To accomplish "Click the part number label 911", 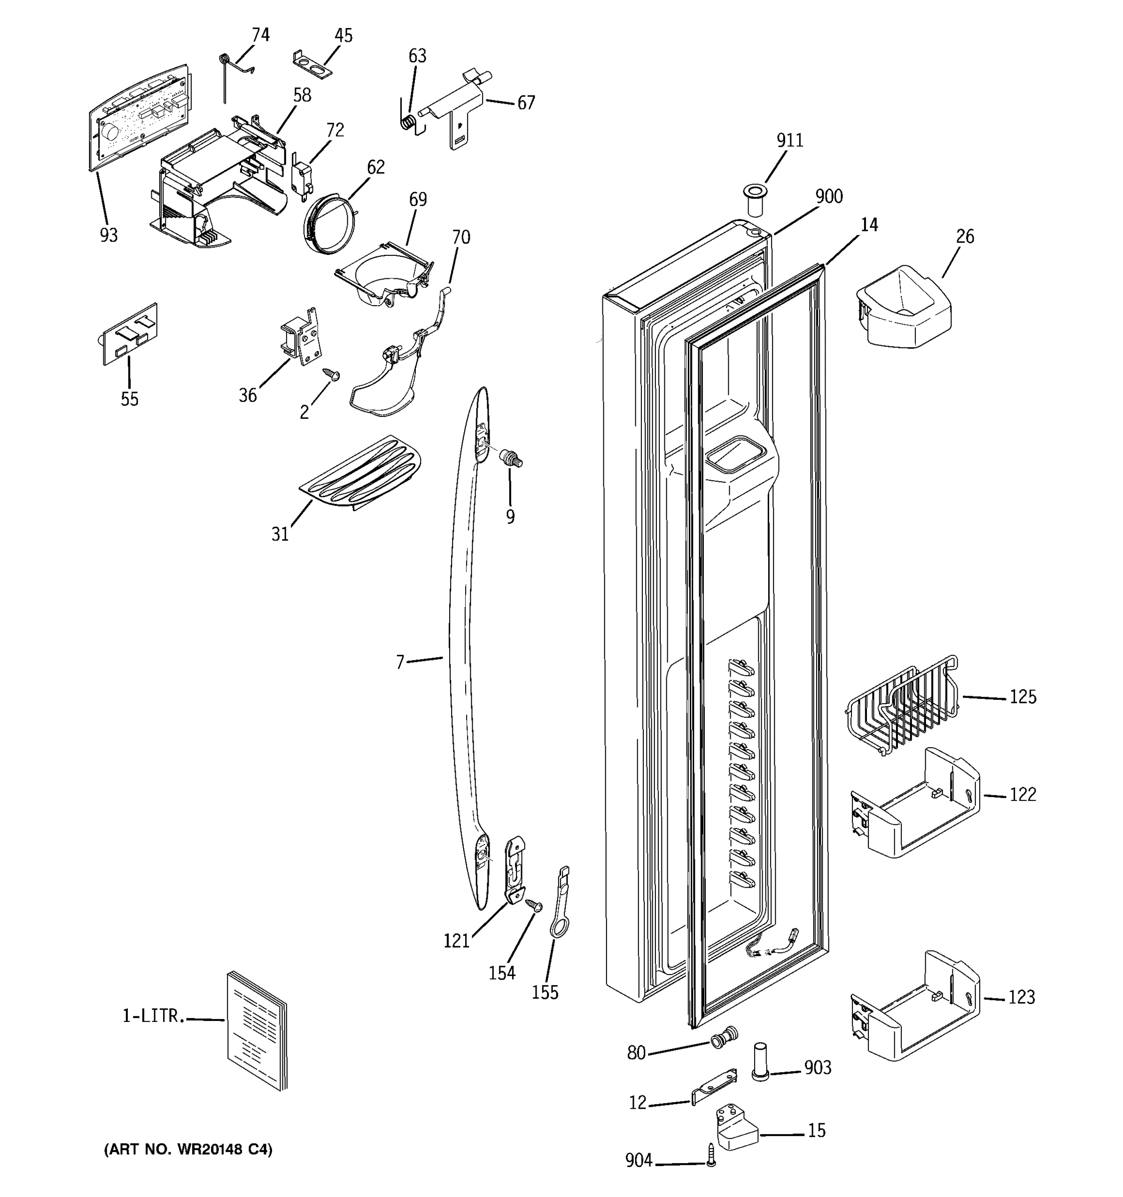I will [789, 140].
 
